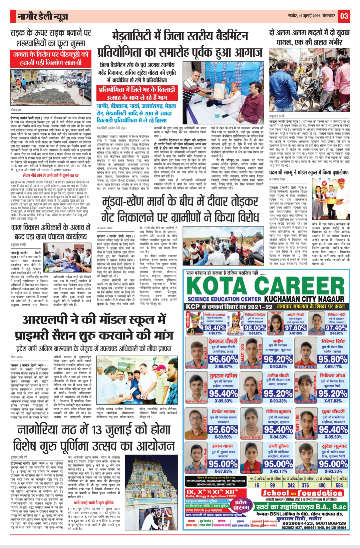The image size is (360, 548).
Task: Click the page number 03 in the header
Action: [344, 16]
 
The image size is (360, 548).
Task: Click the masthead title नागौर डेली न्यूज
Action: [43, 16]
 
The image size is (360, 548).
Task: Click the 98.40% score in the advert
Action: [215, 328]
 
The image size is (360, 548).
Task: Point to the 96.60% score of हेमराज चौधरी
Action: [223, 359]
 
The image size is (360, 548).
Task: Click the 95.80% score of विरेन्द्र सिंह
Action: [333, 359]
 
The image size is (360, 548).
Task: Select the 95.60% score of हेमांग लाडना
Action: [223, 430]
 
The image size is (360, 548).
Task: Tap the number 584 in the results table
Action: [339, 485]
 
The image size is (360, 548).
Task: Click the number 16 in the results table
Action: [257, 485]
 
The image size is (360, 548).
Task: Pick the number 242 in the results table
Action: [291, 485]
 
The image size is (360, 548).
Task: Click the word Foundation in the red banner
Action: [319, 493]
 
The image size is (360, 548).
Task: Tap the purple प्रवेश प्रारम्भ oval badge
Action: [241, 505]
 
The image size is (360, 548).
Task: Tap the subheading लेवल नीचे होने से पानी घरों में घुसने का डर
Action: [51, 175]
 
